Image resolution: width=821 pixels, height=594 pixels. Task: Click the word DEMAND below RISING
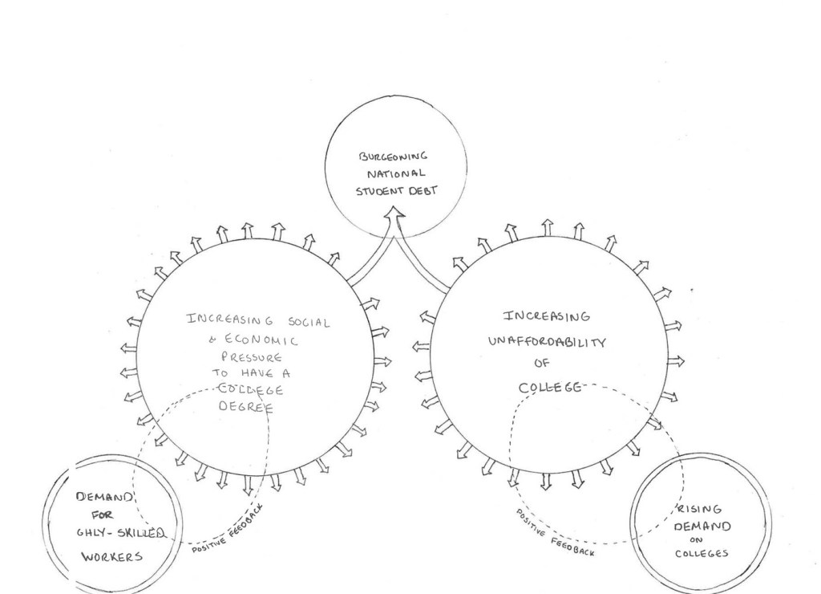702,527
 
